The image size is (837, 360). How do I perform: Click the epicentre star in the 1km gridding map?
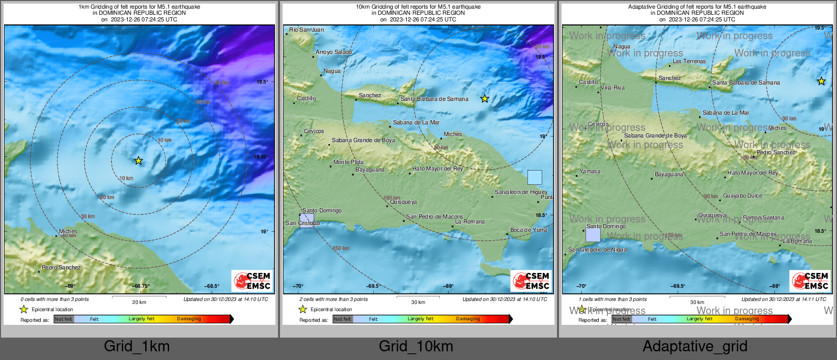pyautogui.click(x=138, y=161)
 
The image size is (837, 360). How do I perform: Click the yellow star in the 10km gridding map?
pyautogui.click(x=485, y=99)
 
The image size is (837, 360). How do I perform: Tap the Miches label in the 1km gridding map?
pyautogui.click(x=68, y=231)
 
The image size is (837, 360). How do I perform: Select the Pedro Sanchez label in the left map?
pyautogui.click(x=61, y=267)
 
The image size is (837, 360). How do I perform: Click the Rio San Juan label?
pyautogui.click(x=306, y=30)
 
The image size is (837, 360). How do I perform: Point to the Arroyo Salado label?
pyautogui.click(x=333, y=52)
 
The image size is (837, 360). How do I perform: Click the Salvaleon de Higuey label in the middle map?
pyautogui.click(x=521, y=192)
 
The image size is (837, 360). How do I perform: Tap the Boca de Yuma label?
pyautogui.click(x=528, y=230)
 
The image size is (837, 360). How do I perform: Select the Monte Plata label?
pyautogui.click(x=348, y=162)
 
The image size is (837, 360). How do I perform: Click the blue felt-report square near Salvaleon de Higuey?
pyautogui.click(x=535, y=177)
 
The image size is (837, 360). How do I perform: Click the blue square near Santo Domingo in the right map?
pyautogui.click(x=593, y=235)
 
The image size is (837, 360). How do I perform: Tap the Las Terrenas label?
pyautogui.click(x=689, y=61)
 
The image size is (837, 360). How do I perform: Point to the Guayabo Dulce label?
pyautogui.click(x=742, y=196)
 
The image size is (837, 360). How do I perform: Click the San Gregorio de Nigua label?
pyautogui.click(x=597, y=250)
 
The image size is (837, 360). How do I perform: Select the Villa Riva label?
pyautogui.click(x=612, y=88)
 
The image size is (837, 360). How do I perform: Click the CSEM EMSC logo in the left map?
pyautogui.click(x=253, y=281)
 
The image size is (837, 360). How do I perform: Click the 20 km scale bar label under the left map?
pyautogui.click(x=139, y=302)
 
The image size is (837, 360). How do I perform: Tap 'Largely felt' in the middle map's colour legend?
pyautogui.click(x=421, y=319)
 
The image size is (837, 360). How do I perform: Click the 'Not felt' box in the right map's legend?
pyautogui.click(x=621, y=319)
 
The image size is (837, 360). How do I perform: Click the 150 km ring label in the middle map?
pyautogui.click(x=341, y=248)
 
